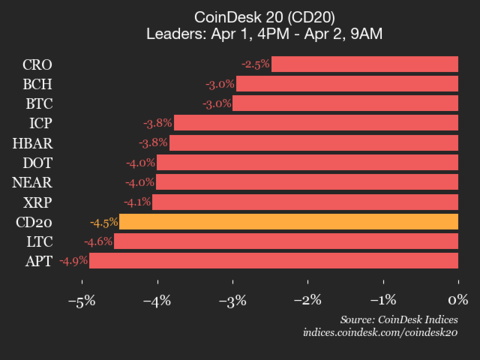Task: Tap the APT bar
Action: coord(274,261)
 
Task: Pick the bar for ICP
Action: coord(316,123)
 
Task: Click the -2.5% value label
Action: coord(254,65)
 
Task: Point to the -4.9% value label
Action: coord(73,261)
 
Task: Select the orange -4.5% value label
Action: coord(103,222)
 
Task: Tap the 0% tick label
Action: coord(458,299)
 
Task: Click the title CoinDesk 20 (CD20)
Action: coord(240,16)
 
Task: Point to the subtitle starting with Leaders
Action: coord(240,35)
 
